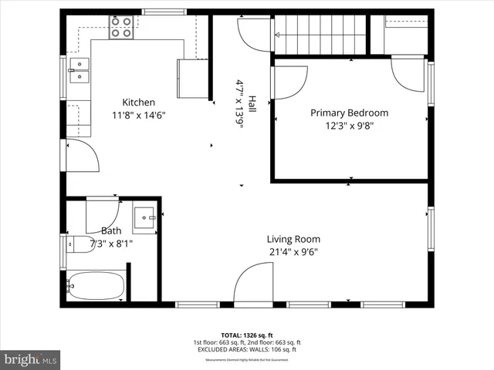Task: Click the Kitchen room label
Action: point(138,103)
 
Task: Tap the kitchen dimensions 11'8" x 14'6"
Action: point(138,115)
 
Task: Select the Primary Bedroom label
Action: point(349,113)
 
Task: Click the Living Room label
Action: point(293,239)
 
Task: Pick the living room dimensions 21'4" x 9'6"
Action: point(293,251)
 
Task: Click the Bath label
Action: point(111,230)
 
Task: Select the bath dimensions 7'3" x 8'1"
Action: point(111,243)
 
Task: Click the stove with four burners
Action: point(120,28)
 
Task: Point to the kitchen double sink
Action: point(79,69)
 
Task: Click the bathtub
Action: point(95,286)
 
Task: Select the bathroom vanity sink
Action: point(144,219)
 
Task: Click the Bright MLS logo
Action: point(31,359)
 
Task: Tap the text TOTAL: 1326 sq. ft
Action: point(247,335)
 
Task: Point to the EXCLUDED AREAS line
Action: point(247,349)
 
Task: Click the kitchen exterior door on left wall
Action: point(81,158)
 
